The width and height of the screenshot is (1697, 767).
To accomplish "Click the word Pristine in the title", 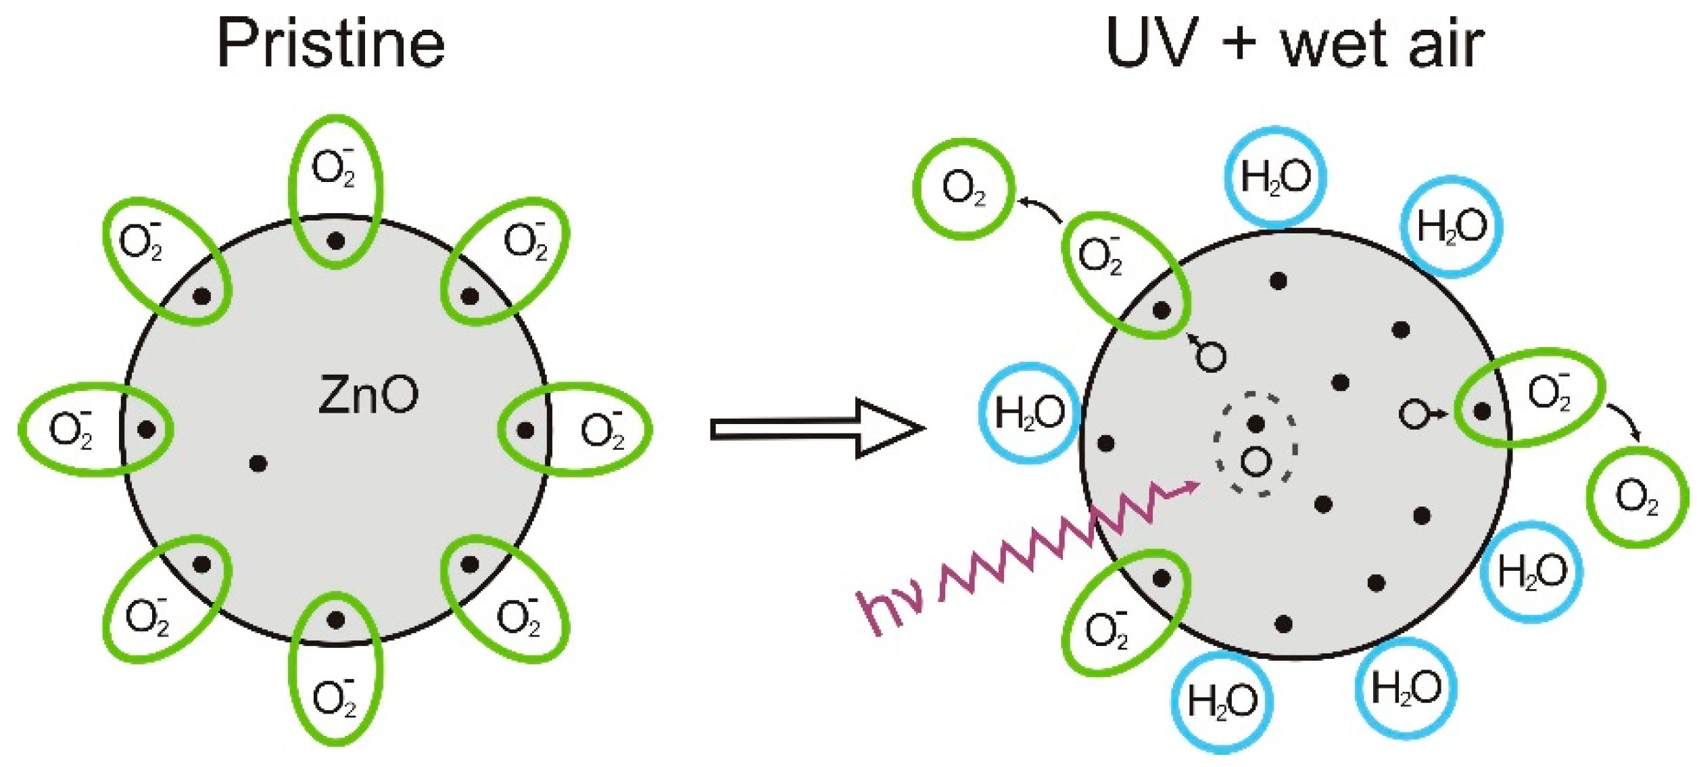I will coord(331,44).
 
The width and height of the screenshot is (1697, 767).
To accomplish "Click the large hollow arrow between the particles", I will coord(817,429).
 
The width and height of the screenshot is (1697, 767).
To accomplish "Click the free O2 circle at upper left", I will coord(963,189).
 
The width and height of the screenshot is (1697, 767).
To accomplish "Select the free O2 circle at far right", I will coord(1637,497).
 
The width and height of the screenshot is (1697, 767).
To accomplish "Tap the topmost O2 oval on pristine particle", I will coord(335,191).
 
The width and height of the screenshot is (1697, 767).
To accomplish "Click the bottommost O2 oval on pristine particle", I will coord(335,669).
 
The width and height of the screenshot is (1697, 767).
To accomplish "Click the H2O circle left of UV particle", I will coord(1030,413).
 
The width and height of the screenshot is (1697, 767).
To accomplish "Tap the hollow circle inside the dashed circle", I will coord(1256,462).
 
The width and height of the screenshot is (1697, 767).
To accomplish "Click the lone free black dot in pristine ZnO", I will coord(258,463).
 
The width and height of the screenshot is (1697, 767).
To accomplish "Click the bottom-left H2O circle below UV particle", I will coord(1222,702).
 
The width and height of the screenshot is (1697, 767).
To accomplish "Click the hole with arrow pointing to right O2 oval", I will coord(1414,414).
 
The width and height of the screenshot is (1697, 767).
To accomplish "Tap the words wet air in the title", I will coord(1382,44).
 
